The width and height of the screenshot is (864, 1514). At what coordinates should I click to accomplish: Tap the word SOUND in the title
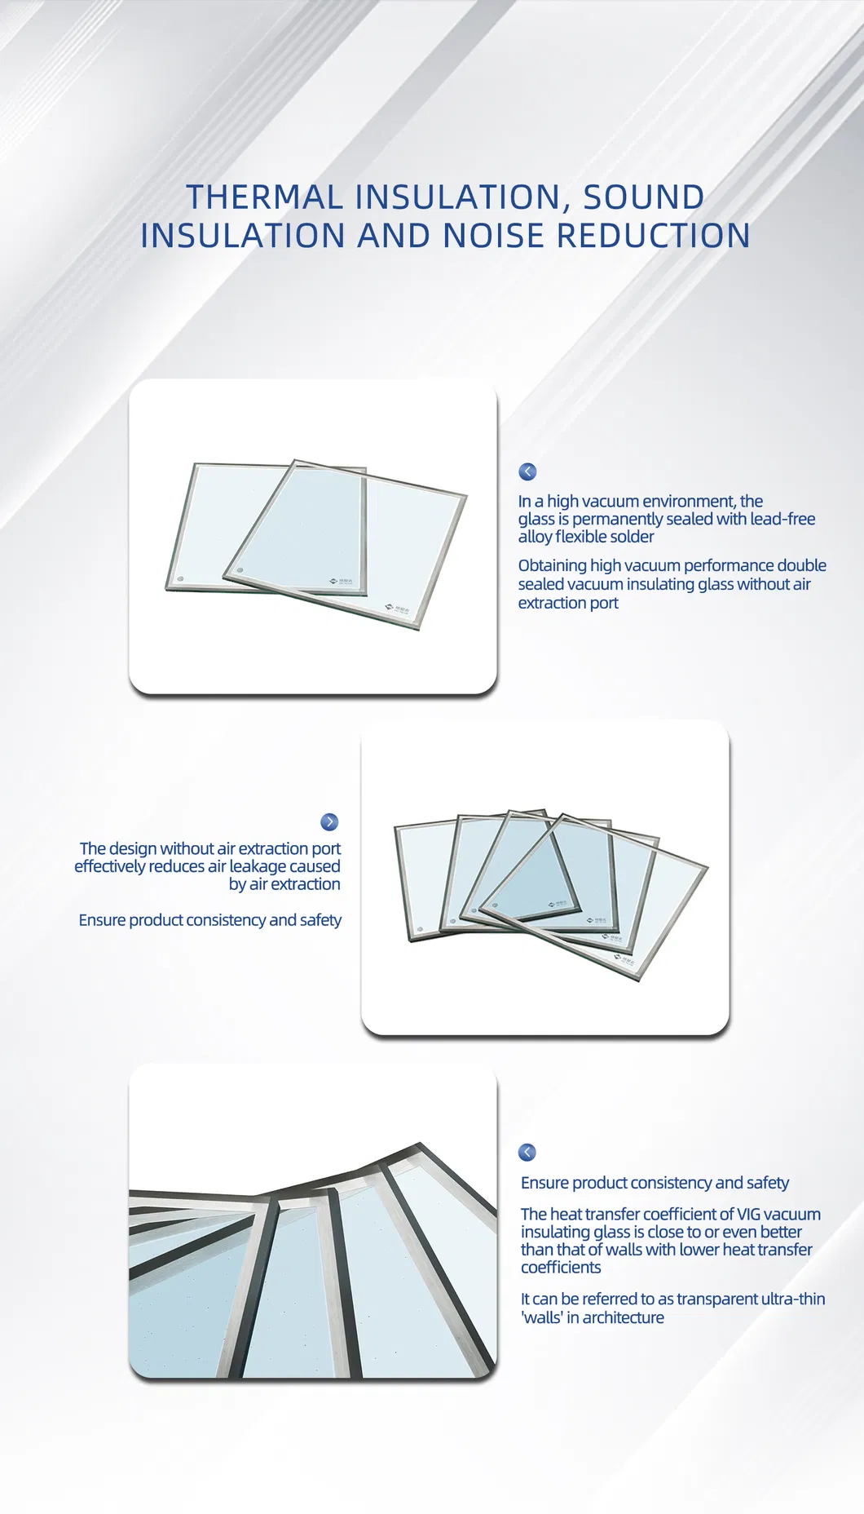(x=643, y=197)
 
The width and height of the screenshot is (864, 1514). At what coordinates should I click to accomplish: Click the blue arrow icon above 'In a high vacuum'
(x=527, y=471)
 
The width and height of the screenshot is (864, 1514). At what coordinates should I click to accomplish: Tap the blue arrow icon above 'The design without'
(x=329, y=821)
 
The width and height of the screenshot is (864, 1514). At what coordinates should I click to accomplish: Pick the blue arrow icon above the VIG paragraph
(x=527, y=1152)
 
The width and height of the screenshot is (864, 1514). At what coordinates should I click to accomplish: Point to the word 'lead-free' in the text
(x=782, y=519)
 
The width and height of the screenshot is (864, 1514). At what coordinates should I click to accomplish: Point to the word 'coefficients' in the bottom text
(x=561, y=1267)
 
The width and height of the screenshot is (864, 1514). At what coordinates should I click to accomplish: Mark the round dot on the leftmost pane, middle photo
(x=420, y=930)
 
